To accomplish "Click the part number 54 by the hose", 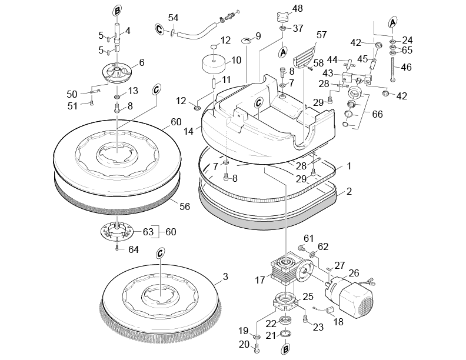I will tap(173, 18).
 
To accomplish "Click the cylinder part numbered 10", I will tap(215, 63).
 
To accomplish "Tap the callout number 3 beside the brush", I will tap(225, 276).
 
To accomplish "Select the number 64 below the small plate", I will tap(134, 249).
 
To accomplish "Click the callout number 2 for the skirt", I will tap(349, 191).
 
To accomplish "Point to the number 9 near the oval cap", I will tap(258, 36).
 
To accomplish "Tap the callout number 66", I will tap(377, 114).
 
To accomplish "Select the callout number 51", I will tap(72, 105).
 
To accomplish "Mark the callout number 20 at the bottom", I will tap(243, 344).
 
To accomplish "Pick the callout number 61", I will tap(307, 238).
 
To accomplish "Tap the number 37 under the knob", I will tap(298, 28).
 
